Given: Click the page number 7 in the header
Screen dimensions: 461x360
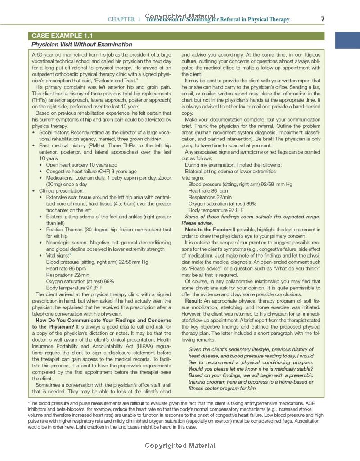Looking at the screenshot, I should (x=323, y=19).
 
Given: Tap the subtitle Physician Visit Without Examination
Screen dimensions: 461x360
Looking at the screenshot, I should (x=81, y=45).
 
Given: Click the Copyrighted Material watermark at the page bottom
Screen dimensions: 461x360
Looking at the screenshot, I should (x=180, y=446).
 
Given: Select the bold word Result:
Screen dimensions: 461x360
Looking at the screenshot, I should (x=193, y=300).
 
